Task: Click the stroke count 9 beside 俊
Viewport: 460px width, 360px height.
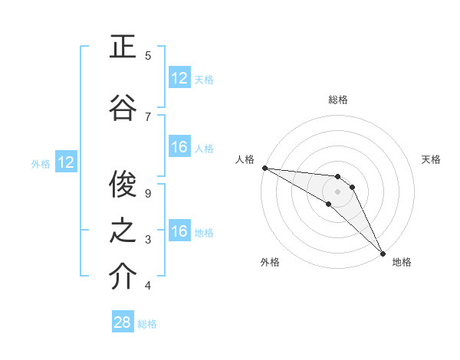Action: tap(148, 194)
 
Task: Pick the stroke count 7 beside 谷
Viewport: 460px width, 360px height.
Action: tap(148, 116)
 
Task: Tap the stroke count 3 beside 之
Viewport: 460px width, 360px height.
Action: tap(148, 240)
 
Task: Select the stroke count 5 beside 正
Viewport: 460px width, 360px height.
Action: tap(148, 56)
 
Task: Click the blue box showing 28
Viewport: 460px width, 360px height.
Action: tap(123, 322)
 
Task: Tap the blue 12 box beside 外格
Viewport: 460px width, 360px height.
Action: tap(66, 162)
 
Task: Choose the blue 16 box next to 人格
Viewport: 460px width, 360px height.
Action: tap(179, 147)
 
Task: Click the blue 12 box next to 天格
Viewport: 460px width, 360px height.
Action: tap(179, 78)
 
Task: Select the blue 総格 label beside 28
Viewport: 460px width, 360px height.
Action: tap(147, 324)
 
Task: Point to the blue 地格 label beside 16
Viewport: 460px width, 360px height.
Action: tap(204, 233)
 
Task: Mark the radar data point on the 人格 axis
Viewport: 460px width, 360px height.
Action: tap(264, 168)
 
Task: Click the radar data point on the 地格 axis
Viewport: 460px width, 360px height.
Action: tap(383, 252)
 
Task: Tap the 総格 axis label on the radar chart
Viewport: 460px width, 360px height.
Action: tap(338, 100)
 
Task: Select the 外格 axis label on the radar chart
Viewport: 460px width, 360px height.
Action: tap(270, 262)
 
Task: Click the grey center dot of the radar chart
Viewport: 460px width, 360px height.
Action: tap(338, 191)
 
